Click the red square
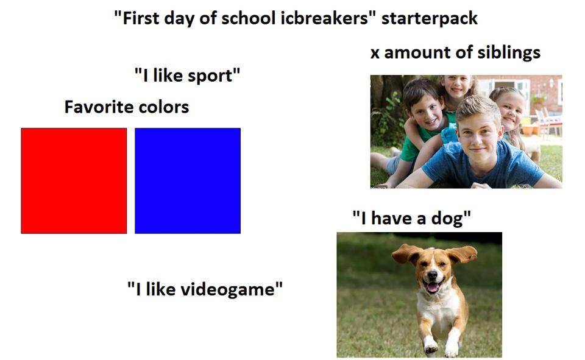74,180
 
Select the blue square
187,180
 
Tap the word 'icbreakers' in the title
330,18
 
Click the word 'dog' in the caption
450,217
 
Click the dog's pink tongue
432,286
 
